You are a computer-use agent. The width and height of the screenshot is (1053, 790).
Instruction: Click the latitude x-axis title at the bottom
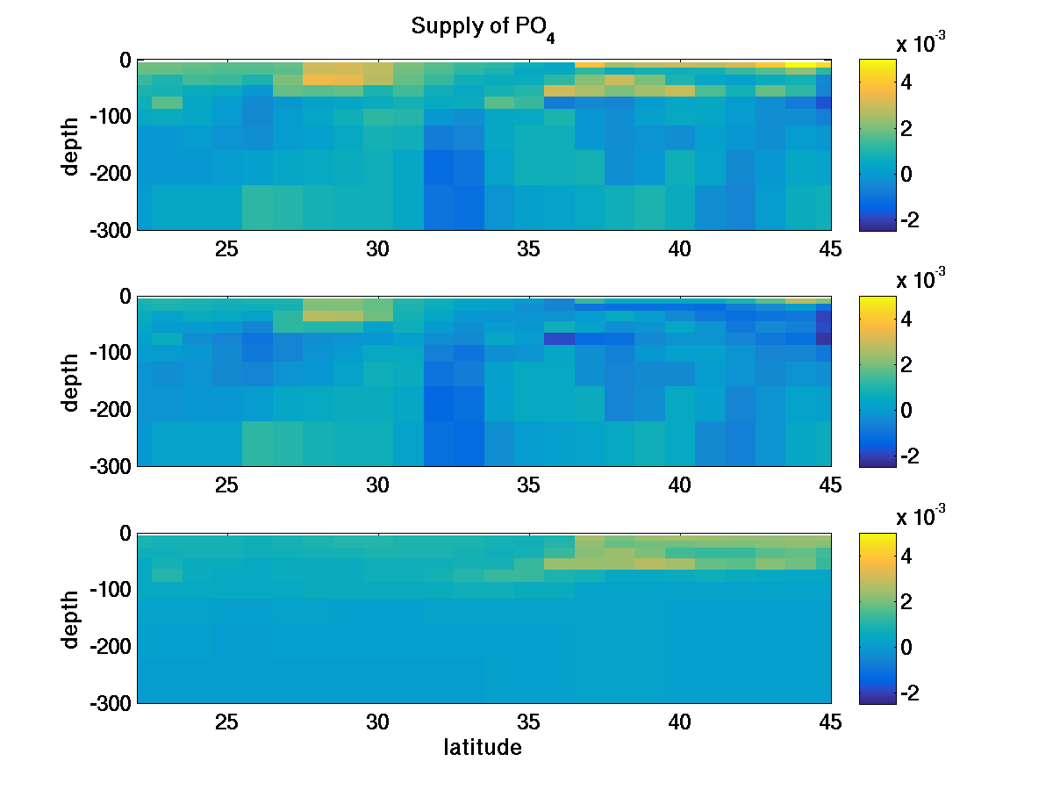point(482,748)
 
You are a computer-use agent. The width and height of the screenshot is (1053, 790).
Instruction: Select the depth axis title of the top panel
point(72,145)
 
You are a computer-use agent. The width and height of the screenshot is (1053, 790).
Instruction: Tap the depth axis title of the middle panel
point(72,382)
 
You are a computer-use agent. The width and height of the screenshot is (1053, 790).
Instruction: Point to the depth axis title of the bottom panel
point(72,619)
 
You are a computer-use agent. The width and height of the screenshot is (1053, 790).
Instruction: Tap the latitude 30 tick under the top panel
point(377,249)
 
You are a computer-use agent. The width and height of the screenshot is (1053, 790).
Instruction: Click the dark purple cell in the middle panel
point(559,339)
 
